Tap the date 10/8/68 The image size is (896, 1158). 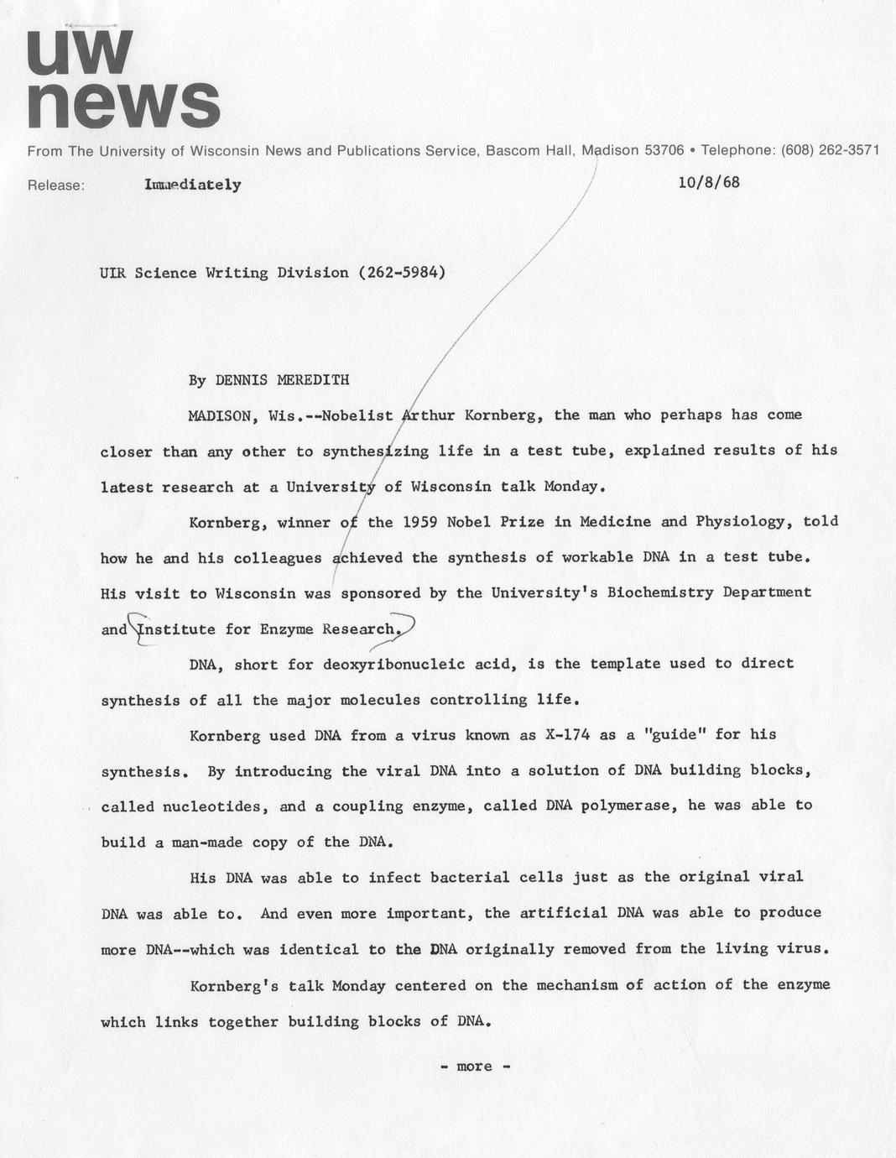pyautogui.click(x=709, y=182)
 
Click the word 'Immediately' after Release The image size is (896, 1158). pyautogui.click(x=193, y=185)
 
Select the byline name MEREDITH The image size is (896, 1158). pyautogui.click(x=313, y=380)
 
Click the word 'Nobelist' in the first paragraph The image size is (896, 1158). pyautogui.click(x=357, y=415)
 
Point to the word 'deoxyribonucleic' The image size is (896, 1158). pyautogui.click(x=393, y=664)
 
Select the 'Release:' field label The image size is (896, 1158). pyautogui.click(x=56, y=185)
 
